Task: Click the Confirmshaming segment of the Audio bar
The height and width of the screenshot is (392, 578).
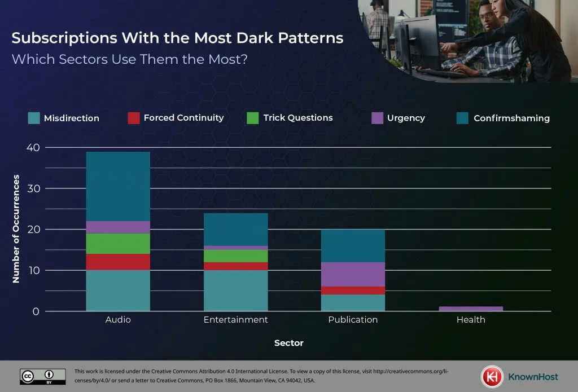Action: [118, 186]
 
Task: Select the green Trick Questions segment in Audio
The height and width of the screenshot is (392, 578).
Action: [118, 244]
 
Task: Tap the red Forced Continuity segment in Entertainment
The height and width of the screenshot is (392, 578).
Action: [235, 266]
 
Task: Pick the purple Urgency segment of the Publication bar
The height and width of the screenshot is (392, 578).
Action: [353, 274]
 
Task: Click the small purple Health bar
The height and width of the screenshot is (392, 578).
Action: [471, 309]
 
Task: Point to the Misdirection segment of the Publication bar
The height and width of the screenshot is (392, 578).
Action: [353, 303]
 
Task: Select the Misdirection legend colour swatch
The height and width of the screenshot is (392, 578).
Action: [34, 118]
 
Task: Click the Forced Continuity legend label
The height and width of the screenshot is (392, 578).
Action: [183, 118]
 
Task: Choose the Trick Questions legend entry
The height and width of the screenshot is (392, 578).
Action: [297, 118]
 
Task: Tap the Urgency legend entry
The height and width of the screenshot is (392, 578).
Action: [406, 118]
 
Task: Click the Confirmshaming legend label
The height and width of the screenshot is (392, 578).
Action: [511, 118]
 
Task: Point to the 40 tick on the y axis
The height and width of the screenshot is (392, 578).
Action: [34, 148]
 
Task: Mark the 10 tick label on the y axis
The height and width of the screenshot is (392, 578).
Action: [34, 271]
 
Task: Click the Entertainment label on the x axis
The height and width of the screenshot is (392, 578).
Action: [235, 320]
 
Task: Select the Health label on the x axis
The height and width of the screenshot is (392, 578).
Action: [471, 320]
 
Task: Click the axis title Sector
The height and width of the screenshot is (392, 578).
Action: [288, 343]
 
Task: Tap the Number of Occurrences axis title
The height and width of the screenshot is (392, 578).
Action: [16, 228]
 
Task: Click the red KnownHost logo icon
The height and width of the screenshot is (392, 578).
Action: [492, 376]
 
